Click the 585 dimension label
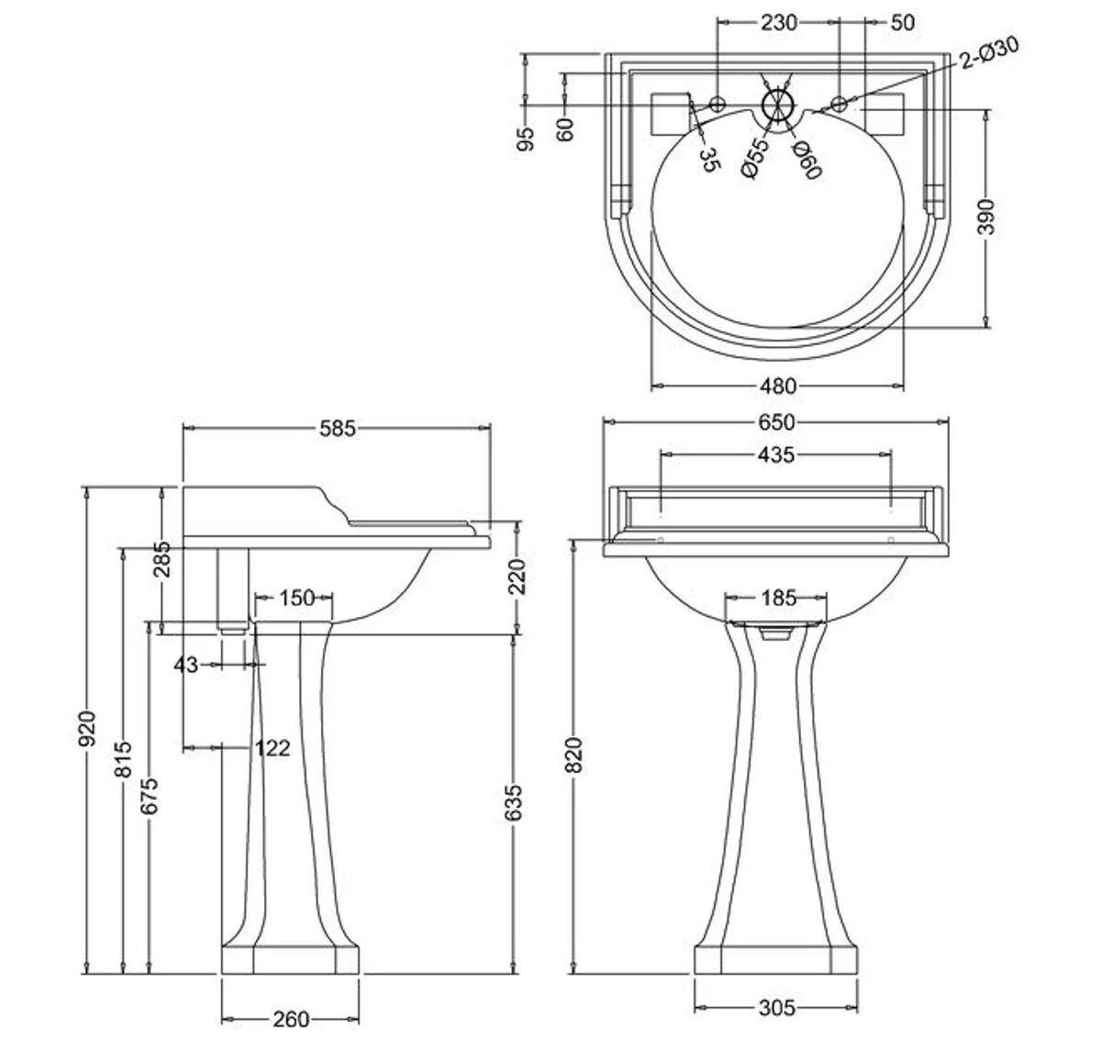click(337, 428)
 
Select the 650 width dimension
click(776, 422)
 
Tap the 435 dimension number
click(776, 454)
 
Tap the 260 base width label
click(291, 1019)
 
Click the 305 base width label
click(776, 1008)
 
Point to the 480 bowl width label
click(778, 386)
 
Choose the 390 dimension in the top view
click(986, 218)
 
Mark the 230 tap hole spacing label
click(778, 22)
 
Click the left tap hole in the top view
click(718, 103)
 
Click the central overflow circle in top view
click(778, 105)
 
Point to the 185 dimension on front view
click(778, 598)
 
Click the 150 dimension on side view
click(296, 599)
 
